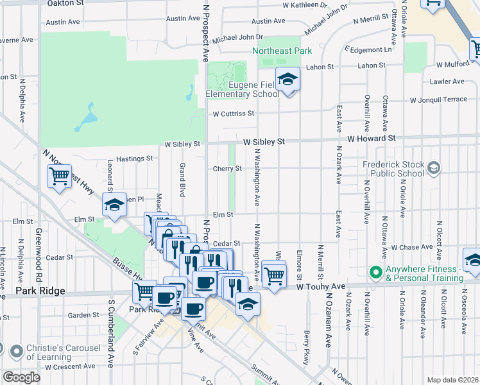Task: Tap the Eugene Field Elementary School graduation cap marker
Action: [x=288, y=80]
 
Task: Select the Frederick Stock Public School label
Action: [x=393, y=168]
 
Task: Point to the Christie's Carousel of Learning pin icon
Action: [x=16, y=351]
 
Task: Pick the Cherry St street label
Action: [x=227, y=169]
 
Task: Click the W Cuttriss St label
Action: [x=234, y=114]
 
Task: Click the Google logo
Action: [x=21, y=377]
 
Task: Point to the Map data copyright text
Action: [x=452, y=380]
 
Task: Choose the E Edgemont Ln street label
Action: [x=368, y=49]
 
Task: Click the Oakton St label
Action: [x=66, y=3]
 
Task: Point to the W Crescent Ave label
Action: [x=70, y=367]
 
